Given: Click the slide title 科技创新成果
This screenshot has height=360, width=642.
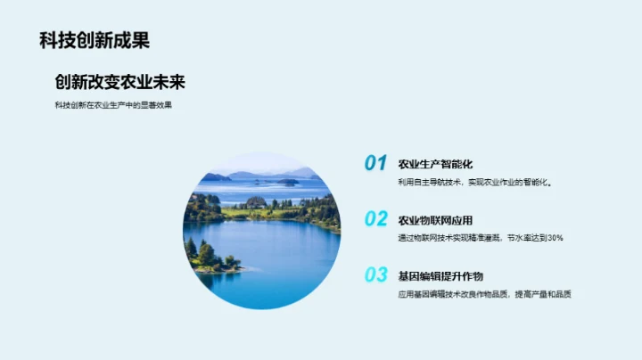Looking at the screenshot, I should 95,40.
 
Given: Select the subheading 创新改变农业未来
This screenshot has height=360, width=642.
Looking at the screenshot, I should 119,82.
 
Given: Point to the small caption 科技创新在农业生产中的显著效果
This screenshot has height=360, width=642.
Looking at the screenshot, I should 113,105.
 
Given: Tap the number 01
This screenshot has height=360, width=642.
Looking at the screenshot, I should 375,163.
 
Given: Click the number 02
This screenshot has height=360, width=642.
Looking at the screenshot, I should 375,218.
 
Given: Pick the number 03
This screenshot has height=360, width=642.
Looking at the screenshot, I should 375,274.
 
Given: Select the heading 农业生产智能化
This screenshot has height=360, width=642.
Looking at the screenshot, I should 434,164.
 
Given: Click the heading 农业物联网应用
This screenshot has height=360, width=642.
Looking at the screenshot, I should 434,220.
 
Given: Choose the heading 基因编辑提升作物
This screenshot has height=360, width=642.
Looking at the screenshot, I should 440,276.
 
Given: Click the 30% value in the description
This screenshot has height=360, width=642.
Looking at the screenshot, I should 554,238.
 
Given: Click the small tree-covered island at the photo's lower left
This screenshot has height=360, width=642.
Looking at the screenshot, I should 207,257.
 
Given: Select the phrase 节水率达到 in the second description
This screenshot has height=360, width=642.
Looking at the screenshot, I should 524,238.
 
